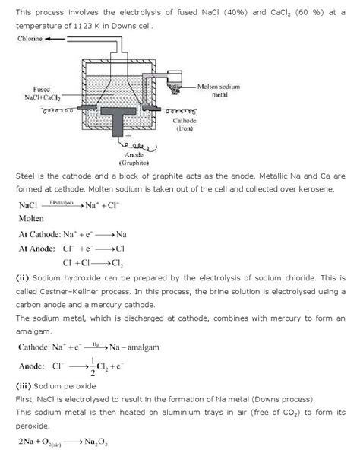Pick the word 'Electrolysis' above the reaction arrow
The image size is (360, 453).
click(64, 202)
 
